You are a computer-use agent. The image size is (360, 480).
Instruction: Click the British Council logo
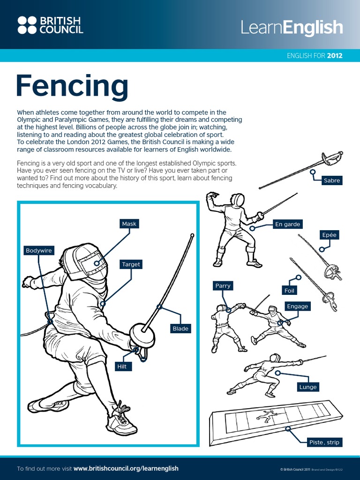[50, 25]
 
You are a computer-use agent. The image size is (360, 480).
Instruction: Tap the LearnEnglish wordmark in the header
[292, 27]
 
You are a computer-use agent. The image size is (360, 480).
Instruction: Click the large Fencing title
[72, 86]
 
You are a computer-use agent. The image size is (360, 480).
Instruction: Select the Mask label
[129, 224]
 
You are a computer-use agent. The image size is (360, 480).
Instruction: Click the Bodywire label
[39, 250]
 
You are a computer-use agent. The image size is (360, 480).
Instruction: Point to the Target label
[131, 264]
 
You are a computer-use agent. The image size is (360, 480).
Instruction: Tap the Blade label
[180, 329]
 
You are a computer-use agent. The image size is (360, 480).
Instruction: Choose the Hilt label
[122, 367]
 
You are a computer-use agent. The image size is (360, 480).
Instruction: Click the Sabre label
[332, 180]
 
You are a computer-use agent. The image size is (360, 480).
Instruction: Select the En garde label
[287, 224]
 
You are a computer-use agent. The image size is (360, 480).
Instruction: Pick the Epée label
[329, 235]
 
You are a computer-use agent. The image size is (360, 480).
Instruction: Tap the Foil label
[289, 291]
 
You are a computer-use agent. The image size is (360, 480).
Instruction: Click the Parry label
[223, 285]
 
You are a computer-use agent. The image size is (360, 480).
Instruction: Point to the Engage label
[298, 306]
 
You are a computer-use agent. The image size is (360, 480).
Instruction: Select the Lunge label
[308, 387]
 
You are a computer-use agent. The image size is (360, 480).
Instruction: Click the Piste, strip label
[324, 442]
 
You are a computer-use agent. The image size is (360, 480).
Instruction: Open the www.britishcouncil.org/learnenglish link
[126, 468]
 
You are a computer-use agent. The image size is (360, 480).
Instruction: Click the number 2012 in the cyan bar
[335, 56]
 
